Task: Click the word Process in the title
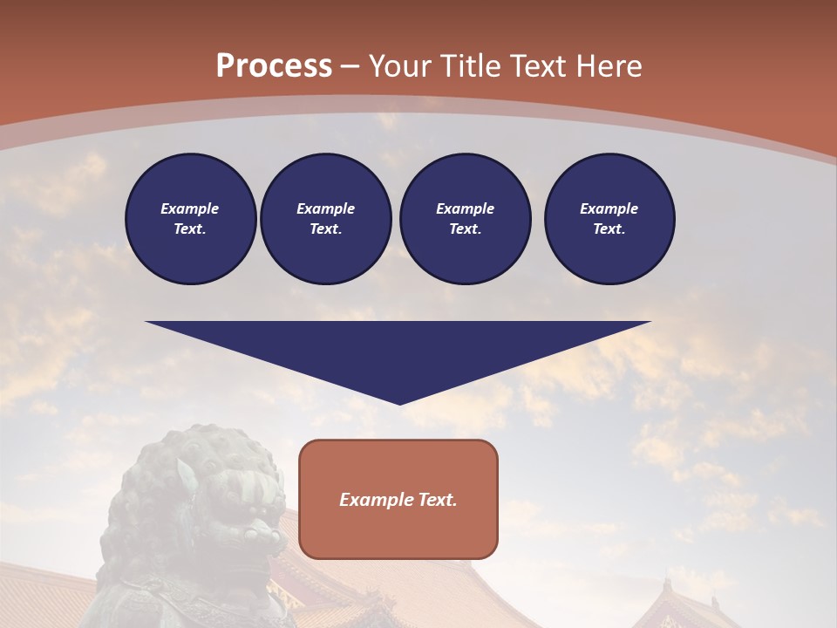[274, 66]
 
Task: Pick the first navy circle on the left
[190, 219]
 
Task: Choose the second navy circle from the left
[325, 219]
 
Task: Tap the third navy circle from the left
[465, 219]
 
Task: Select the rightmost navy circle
[609, 219]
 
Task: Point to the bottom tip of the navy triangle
[399, 403]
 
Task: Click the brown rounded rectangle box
[398, 499]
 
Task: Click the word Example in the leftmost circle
[190, 208]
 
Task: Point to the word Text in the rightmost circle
[609, 229]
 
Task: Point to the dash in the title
[350, 66]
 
